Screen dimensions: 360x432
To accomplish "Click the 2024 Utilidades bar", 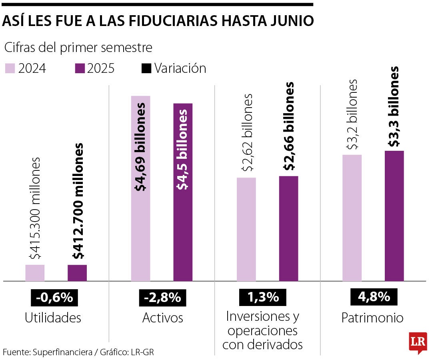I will click(x=35, y=273).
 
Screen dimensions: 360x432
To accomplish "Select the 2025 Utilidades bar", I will click(x=77, y=273).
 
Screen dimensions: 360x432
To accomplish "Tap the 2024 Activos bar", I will click(x=140, y=188).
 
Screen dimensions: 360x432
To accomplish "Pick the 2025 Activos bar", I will click(x=183, y=192).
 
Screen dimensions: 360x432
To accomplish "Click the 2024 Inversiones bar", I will click(x=246, y=229).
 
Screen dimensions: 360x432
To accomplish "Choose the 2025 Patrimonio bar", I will click(x=394, y=216).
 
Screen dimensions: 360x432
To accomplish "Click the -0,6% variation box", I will click(x=54, y=298).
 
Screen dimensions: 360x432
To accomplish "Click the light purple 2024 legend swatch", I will click(x=10, y=68).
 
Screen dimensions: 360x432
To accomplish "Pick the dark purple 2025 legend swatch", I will click(x=80, y=68).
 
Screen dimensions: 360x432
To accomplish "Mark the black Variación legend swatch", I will click(x=147, y=68).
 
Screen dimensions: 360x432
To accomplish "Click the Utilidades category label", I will click(x=53, y=318).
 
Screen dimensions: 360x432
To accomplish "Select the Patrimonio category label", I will click(x=372, y=318).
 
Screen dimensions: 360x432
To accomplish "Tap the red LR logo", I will click(x=418, y=342).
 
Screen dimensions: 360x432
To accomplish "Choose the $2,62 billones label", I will click(x=247, y=132).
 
